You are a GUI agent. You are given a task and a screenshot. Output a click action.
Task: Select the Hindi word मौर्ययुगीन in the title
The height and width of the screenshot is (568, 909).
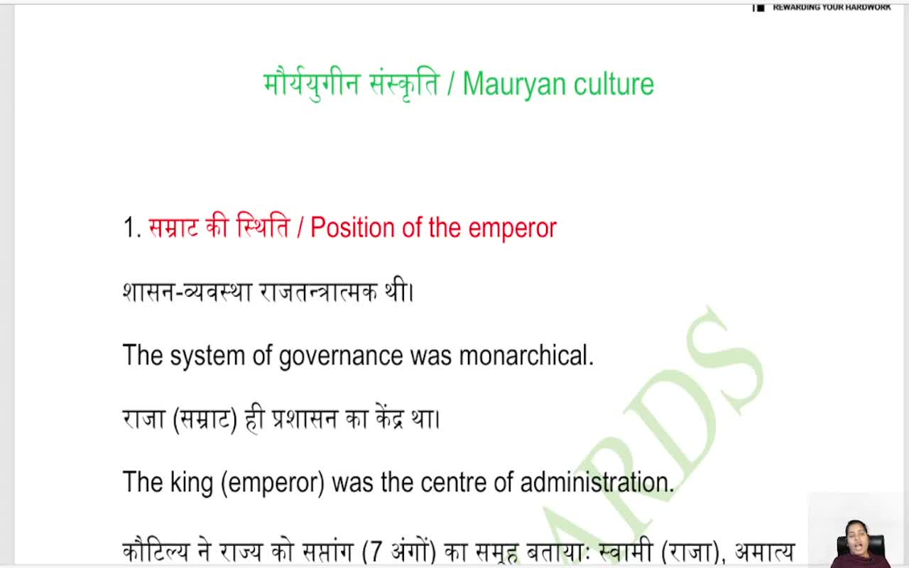312,84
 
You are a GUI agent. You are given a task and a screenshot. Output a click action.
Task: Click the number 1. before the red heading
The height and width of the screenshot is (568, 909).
132,228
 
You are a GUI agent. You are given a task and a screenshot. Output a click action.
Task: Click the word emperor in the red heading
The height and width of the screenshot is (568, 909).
512,228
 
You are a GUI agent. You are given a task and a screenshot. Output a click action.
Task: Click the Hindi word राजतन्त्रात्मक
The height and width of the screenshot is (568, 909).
318,292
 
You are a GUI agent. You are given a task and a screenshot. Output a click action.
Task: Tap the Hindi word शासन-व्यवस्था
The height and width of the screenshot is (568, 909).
187,292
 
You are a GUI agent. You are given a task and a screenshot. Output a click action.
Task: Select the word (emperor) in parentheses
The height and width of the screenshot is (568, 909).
273,483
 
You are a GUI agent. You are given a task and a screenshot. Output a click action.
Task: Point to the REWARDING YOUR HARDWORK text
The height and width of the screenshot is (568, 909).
831,7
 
